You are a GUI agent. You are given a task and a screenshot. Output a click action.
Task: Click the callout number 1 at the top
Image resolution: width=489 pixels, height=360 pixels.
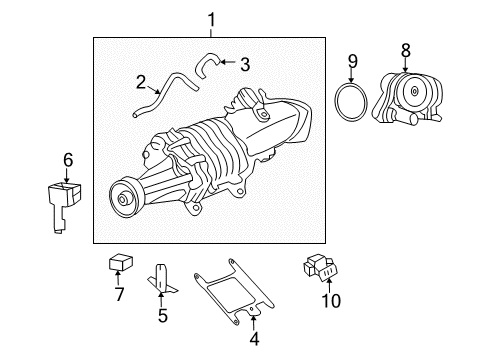(x=211, y=19)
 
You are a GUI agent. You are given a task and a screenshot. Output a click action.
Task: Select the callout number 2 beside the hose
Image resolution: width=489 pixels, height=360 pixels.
(x=141, y=83)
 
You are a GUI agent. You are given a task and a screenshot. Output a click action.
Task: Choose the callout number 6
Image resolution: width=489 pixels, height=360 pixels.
(x=69, y=159)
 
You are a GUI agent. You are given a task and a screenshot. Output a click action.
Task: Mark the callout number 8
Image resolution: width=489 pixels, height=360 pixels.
(x=405, y=48)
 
